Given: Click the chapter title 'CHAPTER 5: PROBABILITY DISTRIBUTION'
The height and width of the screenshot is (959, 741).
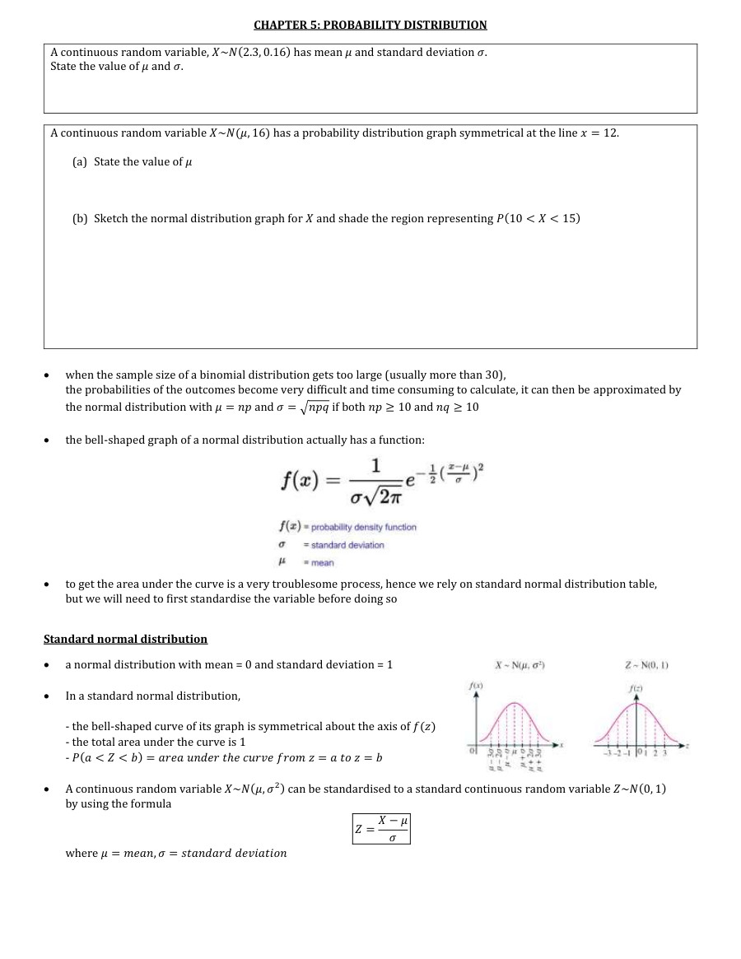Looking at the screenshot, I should click(370, 25).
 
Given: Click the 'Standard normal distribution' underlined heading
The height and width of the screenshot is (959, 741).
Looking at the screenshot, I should click(125, 639).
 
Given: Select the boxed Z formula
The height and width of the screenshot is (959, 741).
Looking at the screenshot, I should click(380, 828).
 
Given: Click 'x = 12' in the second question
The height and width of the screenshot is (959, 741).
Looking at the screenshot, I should click(599, 133).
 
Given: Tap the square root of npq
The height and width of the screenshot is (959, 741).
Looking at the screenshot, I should click(309, 407).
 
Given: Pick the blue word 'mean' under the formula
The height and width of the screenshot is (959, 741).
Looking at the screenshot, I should click(323, 563).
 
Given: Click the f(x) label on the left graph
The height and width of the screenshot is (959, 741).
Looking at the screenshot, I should click(474, 685).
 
